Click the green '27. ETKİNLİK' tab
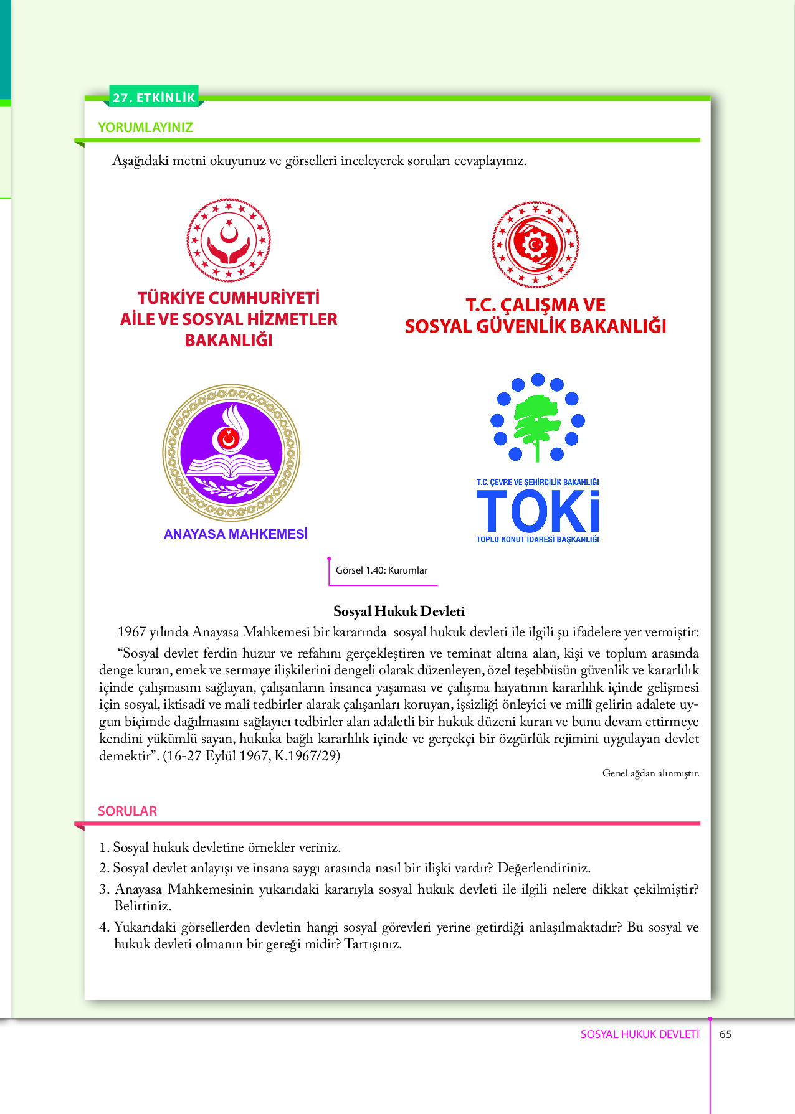click(154, 97)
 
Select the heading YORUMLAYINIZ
click(145, 127)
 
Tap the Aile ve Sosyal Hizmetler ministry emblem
click(229, 240)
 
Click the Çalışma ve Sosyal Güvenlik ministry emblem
click(535, 244)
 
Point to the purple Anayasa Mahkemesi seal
click(231, 453)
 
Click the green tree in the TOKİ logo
click(537, 423)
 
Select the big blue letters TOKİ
click(538, 511)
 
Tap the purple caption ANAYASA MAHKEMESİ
click(236, 534)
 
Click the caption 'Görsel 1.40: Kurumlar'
click(381, 570)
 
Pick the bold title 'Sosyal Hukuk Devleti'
click(399, 611)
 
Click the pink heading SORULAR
click(127, 811)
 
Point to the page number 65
click(725, 1034)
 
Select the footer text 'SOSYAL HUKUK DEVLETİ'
click(639, 1034)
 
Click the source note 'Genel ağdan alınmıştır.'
click(650, 773)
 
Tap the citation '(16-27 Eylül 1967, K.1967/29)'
click(251, 756)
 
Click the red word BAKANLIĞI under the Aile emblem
click(229, 341)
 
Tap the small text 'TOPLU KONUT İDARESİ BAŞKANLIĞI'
click(538, 540)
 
